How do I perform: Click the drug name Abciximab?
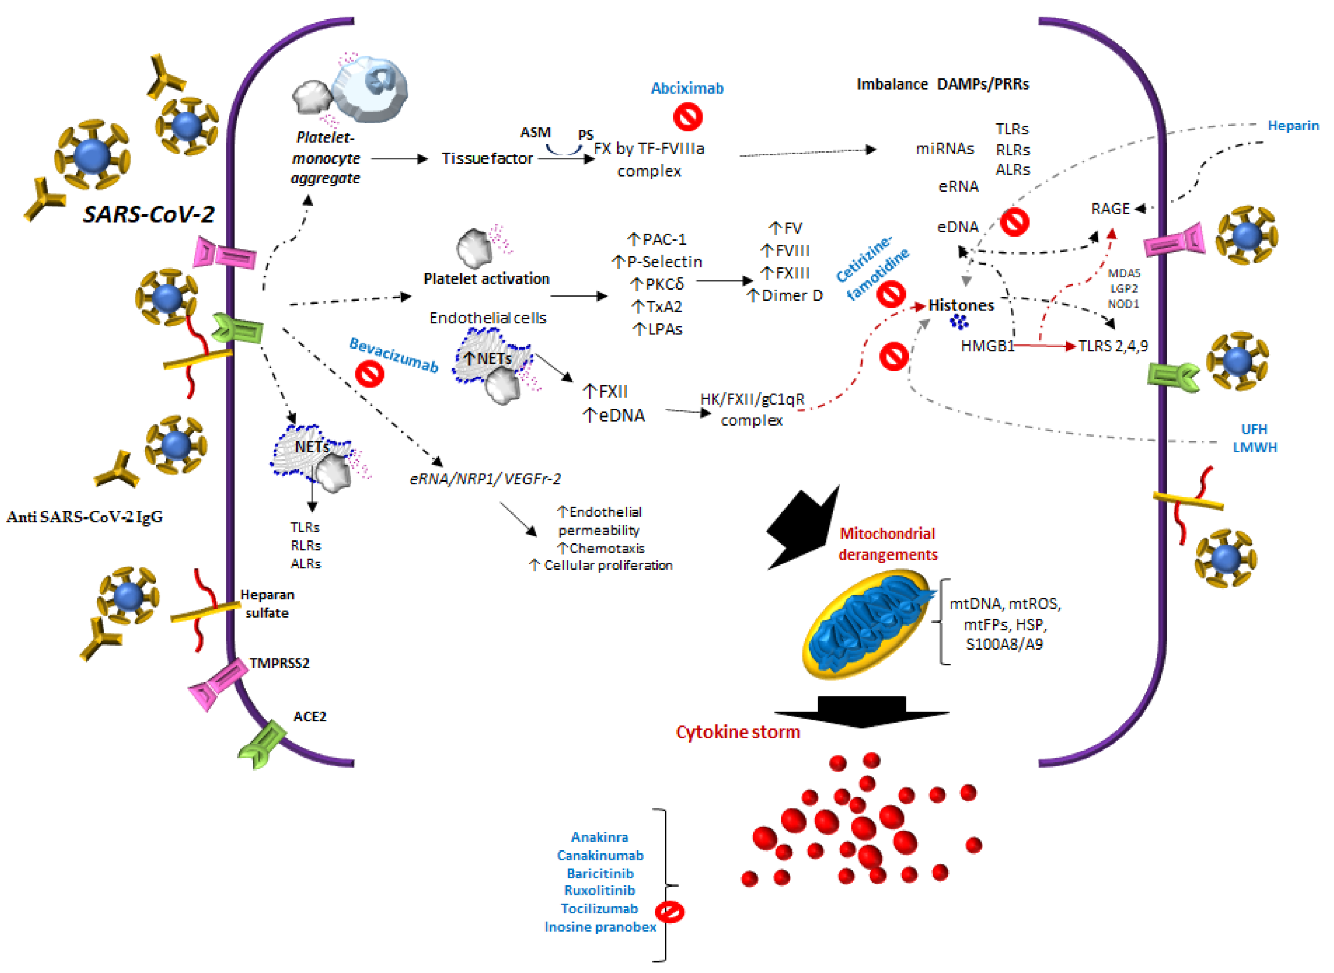tap(687, 88)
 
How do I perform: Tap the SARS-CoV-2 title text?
tap(149, 214)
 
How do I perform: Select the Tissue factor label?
tap(487, 158)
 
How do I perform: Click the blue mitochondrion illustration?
tap(869, 623)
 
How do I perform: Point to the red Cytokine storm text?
tap(738, 732)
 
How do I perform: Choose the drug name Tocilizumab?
tap(599, 909)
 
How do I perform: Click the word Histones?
tap(961, 305)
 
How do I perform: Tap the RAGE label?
tap(1110, 209)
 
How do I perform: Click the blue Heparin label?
tap(1293, 125)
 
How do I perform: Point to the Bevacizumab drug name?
tap(394, 355)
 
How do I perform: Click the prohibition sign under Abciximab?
tap(688, 116)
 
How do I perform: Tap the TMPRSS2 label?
tap(279, 663)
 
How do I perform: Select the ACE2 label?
tap(310, 717)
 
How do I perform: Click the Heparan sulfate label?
tap(267, 604)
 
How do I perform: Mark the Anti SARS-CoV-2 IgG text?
tap(84, 517)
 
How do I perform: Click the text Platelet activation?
tap(487, 279)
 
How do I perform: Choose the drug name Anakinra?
tap(599, 837)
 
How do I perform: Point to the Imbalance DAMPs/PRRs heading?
tap(943, 84)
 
